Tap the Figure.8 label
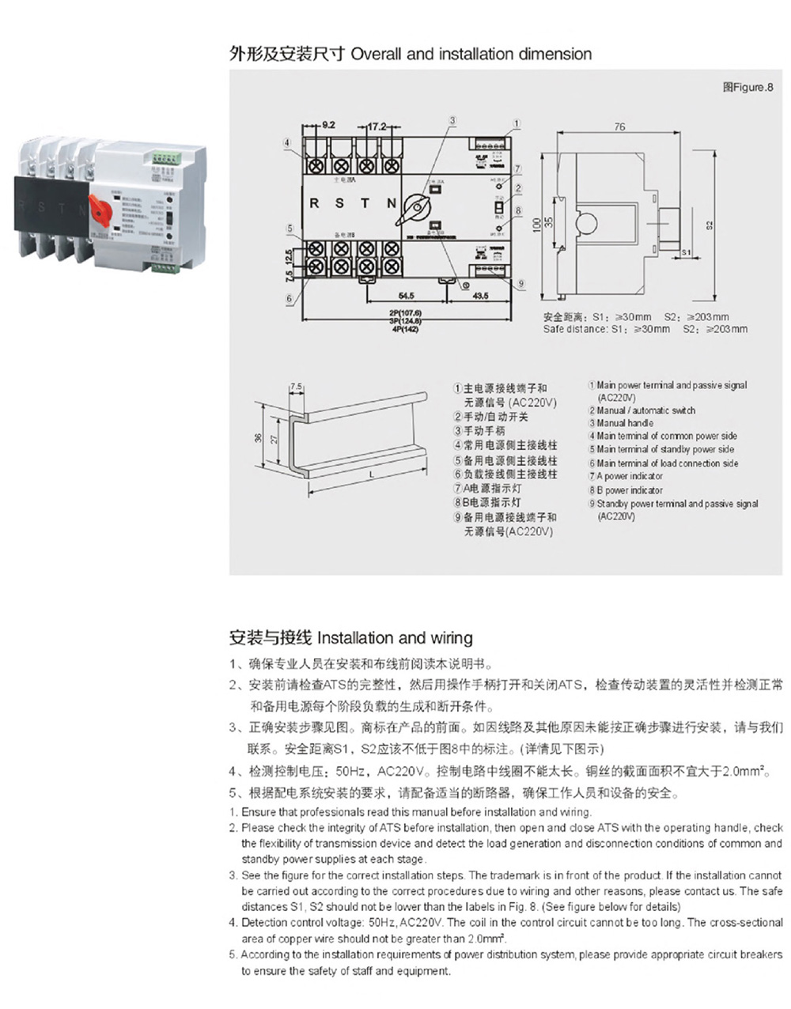[x=747, y=88]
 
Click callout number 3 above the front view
[x=452, y=121]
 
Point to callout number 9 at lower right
[x=521, y=283]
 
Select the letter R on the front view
[x=314, y=203]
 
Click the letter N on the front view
[x=391, y=203]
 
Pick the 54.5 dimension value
[x=406, y=296]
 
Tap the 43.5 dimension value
[x=480, y=296]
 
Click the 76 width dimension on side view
[x=619, y=127]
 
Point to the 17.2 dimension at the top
[x=377, y=126]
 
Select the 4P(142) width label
[x=404, y=329]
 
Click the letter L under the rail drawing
[x=370, y=474]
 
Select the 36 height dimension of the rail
[x=259, y=437]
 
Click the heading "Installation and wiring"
[x=395, y=638]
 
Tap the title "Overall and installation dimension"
[x=471, y=55]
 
